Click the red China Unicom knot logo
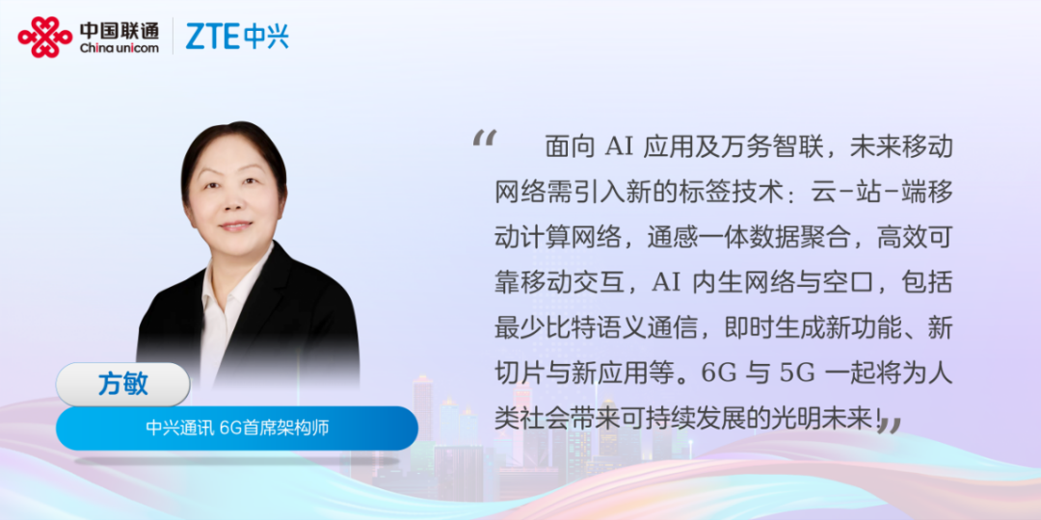[45, 37]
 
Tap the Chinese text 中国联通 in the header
[120, 30]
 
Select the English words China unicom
[120, 48]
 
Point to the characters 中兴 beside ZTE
[266, 37]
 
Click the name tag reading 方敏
[122, 384]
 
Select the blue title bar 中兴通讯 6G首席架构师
[237, 429]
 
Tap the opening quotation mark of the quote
[484, 138]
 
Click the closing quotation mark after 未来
[890, 425]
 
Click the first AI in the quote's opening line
[619, 147]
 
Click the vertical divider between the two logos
[173, 37]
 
